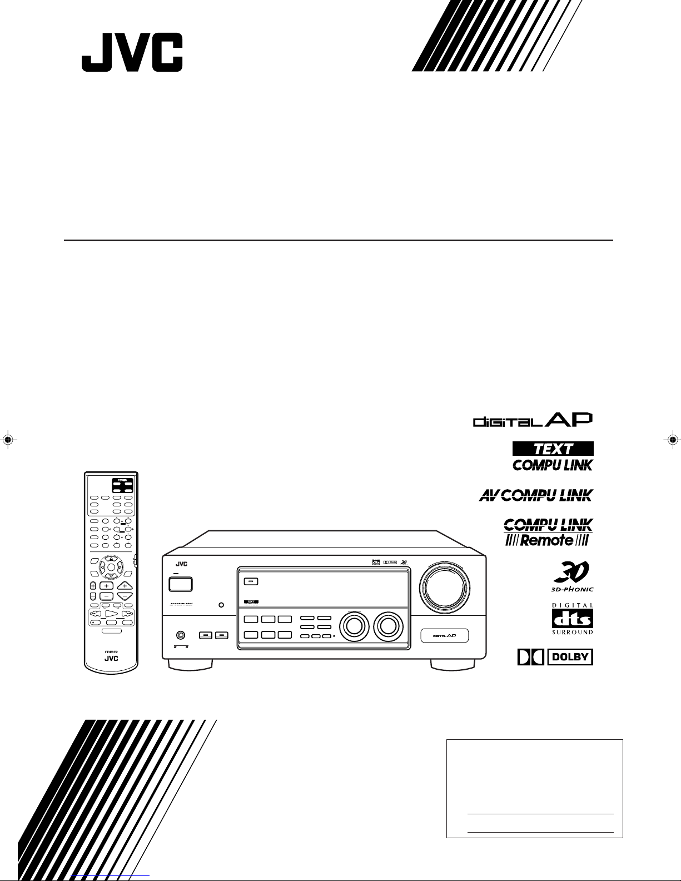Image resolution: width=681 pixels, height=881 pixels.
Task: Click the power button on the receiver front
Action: coord(180,584)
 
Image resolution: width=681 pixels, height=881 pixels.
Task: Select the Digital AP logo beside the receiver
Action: coord(533,420)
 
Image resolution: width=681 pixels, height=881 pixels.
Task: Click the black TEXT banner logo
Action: coord(553,449)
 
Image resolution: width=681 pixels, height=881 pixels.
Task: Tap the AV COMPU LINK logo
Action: coord(535,495)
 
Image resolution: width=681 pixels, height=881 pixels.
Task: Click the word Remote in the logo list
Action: coord(547,539)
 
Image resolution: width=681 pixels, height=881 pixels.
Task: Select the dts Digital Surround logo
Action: coord(572,619)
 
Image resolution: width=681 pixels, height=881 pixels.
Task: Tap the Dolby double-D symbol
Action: coord(529,658)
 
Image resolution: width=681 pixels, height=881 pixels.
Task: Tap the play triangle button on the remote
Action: coord(111,614)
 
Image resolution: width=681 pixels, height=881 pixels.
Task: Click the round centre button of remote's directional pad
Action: coord(111,567)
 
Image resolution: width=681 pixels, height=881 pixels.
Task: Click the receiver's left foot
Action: coord(190,664)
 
